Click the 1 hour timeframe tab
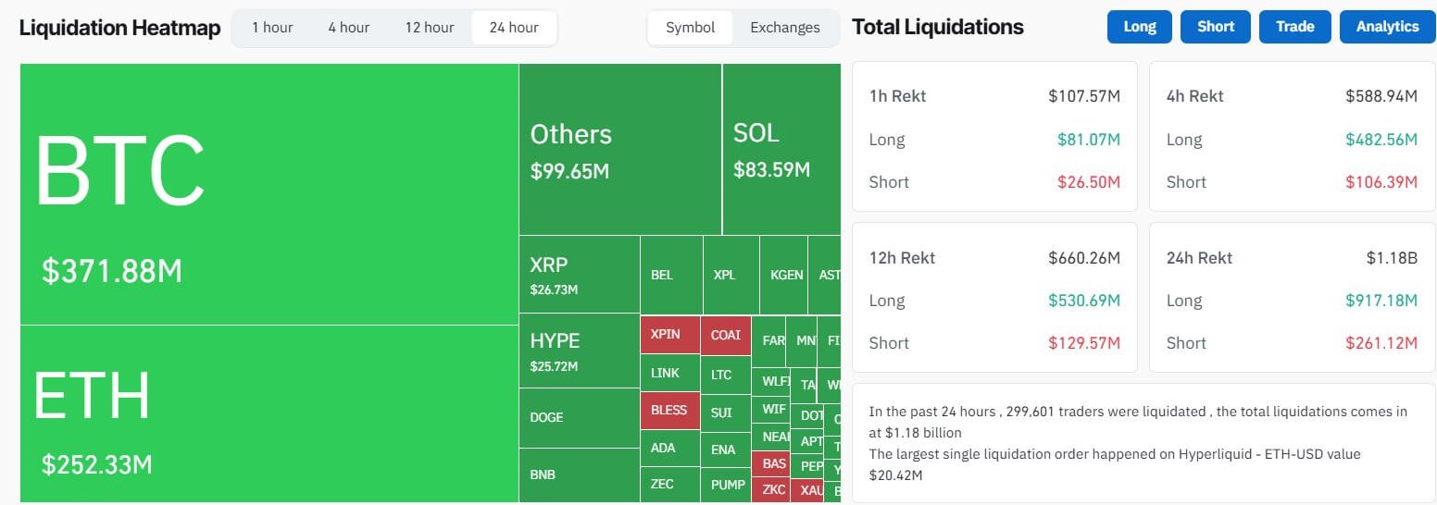[272, 28]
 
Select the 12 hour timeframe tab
[429, 28]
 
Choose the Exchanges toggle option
[784, 28]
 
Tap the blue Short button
[1215, 27]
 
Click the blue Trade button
[1294, 27]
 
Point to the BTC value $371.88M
[112, 271]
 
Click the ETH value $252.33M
[97, 464]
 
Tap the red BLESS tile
[669, 410]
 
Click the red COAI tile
[725, 335]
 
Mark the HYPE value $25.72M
[554, 366]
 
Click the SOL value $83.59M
[771, 170]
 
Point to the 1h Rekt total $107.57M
[1084, 96]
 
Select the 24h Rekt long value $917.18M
[1381, 301]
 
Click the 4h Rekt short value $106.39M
[1381, 182]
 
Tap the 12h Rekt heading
[902, 258]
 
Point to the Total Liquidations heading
[937, 27]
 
